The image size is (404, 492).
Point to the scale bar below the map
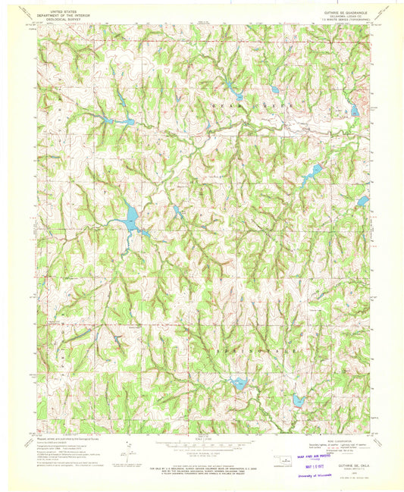(201, 442)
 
